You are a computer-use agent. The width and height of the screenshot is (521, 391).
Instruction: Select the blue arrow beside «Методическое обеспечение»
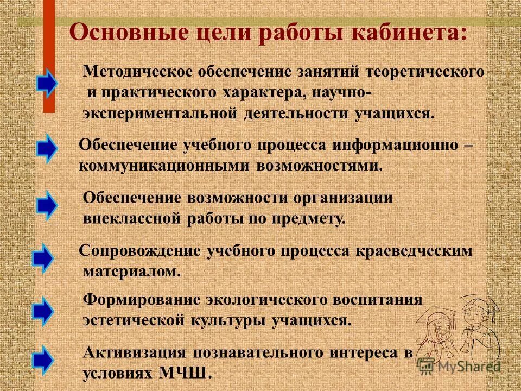click(x=48, y=83)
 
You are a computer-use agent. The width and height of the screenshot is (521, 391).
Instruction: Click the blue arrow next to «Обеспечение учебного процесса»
click(x=48, y=148)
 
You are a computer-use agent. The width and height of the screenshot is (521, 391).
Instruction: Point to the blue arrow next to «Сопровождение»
click(x=43, y=258)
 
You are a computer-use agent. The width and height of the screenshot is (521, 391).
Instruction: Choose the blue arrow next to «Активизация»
click(x=43, y=359)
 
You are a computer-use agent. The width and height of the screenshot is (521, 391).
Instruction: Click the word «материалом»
click(x=132, y=271)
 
